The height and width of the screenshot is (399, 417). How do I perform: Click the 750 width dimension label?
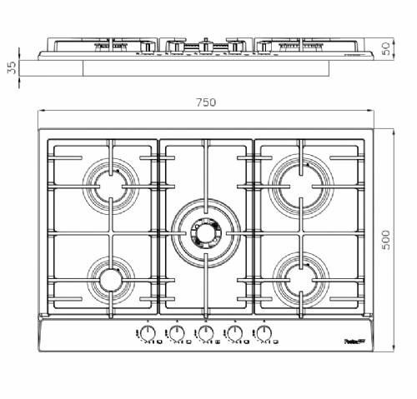(x=206, y=102)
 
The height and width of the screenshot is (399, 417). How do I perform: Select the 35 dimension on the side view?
(x=11, y=67)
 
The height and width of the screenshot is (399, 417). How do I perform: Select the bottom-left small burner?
(x=110, y=279)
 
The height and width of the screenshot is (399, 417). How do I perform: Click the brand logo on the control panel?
(x=355, y=341)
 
